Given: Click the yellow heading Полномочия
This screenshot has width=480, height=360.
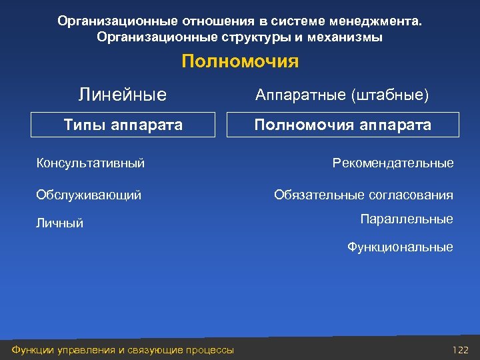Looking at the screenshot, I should (x=240, y=62).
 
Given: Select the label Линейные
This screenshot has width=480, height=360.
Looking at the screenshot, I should (x=123, y=95).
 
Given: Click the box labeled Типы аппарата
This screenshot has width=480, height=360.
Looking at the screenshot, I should (x=123, y=125).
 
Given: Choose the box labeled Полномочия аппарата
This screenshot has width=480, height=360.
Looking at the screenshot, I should (x=343, y=125).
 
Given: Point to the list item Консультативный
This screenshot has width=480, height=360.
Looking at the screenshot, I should (x=90, y=163).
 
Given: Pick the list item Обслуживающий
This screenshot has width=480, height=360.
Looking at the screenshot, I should (x=88, y=195).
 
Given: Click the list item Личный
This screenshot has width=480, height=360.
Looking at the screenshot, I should (x=59, y=223).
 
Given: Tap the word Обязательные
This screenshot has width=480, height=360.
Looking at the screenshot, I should (x=319, y=195).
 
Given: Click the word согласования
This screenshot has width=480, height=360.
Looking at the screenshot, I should (x=410, y=195).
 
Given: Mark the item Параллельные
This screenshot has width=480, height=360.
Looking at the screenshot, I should (x=406, y=219).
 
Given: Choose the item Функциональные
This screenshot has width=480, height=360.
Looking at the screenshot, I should (x=399, y=247).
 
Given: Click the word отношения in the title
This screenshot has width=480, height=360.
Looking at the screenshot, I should (x=217, y=21).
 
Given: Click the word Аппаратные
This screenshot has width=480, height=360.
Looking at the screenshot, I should (x=300, y=95).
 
